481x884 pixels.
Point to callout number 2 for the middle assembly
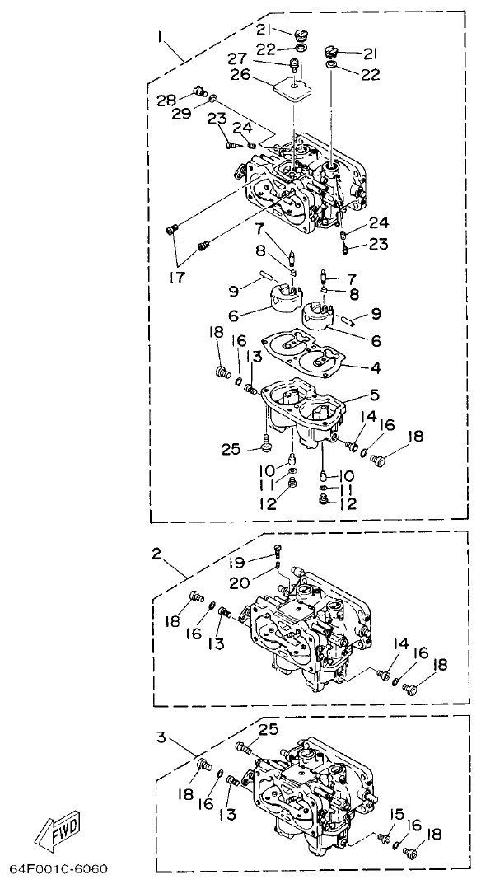tap(156, 554)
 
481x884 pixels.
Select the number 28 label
tap(167, 100)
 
